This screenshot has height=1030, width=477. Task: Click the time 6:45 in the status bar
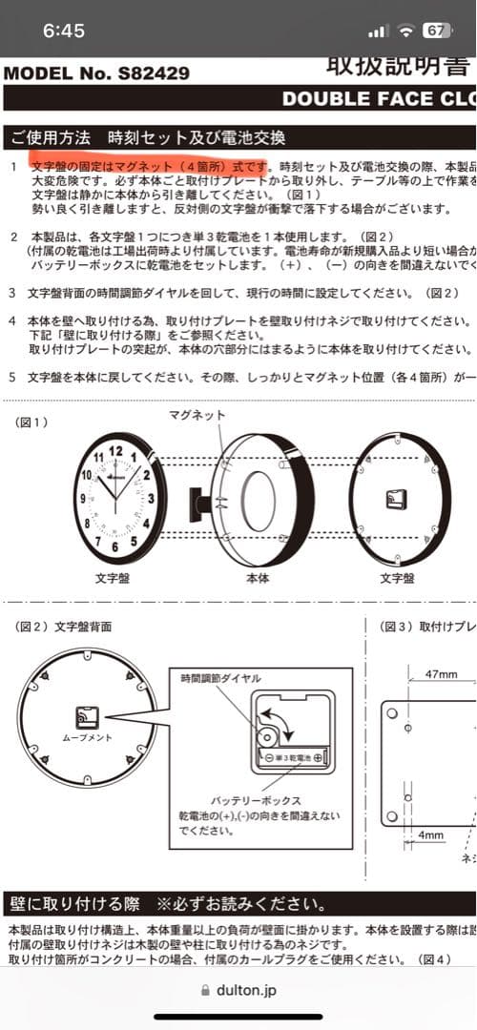pos(64,31)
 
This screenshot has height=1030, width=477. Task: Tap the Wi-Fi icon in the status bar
pos(406,31)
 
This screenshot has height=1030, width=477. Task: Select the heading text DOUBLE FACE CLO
pos(378,98)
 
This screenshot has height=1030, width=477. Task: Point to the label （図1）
pos(33,422)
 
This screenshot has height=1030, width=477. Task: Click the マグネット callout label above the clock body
pos(197,414)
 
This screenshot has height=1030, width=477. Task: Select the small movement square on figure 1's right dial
pos(395,499)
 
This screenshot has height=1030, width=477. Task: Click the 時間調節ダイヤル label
pos(220,677)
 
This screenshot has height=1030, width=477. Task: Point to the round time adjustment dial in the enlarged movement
pos(264,735)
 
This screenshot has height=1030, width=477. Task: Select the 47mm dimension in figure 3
pos(441,674)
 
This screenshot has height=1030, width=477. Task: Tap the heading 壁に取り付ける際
pos(74,903)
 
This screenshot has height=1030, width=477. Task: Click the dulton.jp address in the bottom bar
pos(247,991)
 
